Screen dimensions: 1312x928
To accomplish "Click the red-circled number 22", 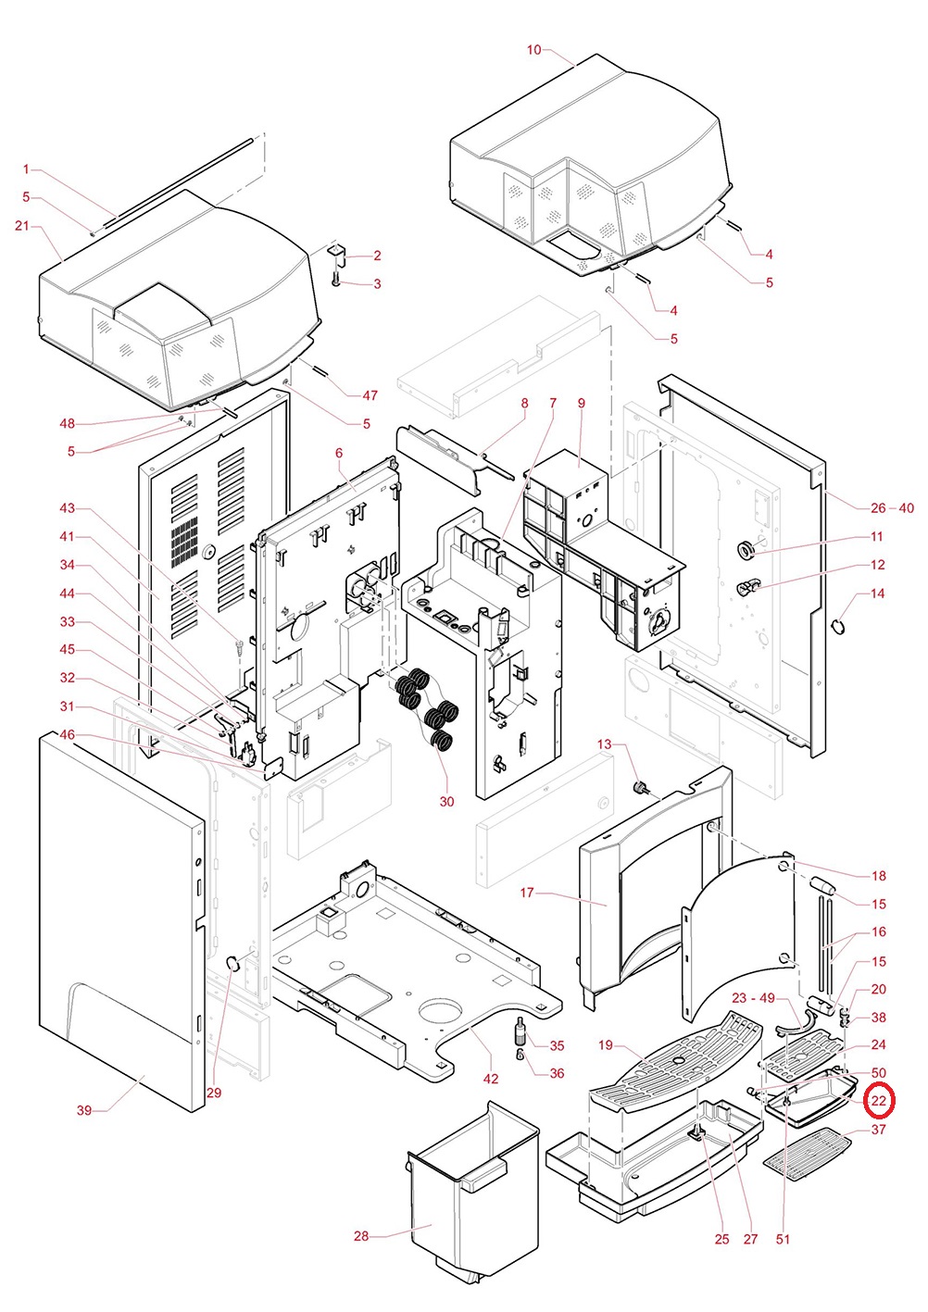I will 878,1101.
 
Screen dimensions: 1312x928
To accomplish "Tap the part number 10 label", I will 533,50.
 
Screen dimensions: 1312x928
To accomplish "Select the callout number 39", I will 84,1110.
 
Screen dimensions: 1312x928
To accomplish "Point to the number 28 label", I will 361,1236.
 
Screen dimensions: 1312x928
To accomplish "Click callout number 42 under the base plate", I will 491,1079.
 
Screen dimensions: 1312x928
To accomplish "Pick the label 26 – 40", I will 891,508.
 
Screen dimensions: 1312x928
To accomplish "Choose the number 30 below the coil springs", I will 446,802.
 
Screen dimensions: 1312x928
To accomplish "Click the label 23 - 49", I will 753,998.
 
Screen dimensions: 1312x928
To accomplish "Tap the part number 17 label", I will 527,893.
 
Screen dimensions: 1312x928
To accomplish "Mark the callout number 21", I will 22,226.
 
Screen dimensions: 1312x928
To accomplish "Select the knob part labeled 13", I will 638,787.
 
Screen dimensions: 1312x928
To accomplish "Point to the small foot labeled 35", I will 521,1030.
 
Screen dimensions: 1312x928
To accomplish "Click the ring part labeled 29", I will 233,965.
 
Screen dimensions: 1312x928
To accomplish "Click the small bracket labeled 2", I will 337,251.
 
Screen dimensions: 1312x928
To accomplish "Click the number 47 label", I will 370,395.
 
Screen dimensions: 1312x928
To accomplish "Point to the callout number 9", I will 581,404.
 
